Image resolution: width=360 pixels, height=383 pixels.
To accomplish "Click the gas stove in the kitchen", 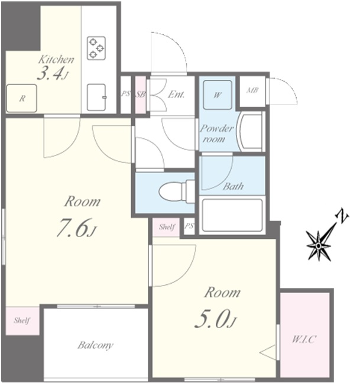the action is [x=96, y=48].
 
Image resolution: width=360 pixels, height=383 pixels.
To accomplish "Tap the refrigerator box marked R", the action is [x=21, y=99].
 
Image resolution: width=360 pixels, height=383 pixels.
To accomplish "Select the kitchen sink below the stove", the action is [x=97, y=97].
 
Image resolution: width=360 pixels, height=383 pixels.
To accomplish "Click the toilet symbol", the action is [x=177, y=191].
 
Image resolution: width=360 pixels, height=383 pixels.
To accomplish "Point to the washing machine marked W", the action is [x=218, y=95].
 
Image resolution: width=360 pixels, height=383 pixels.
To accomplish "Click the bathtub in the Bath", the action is [x=232, y=215].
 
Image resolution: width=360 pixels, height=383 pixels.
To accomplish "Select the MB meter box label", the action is [x=252, y=90].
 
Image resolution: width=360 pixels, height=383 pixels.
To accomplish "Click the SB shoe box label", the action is [x=141, y=95].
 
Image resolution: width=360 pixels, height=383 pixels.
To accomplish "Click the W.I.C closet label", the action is [x=304, y=339].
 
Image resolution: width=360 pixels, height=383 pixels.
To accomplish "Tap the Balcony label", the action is [x=96, y=345].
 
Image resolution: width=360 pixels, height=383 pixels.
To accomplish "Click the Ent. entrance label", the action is [x=176, y=95].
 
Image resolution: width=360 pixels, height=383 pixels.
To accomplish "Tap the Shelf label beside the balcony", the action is [x=22, y=320].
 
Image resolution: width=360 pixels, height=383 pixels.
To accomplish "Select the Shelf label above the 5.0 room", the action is [x=167, y=227].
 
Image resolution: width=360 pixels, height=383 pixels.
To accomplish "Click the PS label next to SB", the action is [x=125, y=93].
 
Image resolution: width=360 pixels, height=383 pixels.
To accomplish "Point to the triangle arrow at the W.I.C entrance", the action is [x=268, y=352].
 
